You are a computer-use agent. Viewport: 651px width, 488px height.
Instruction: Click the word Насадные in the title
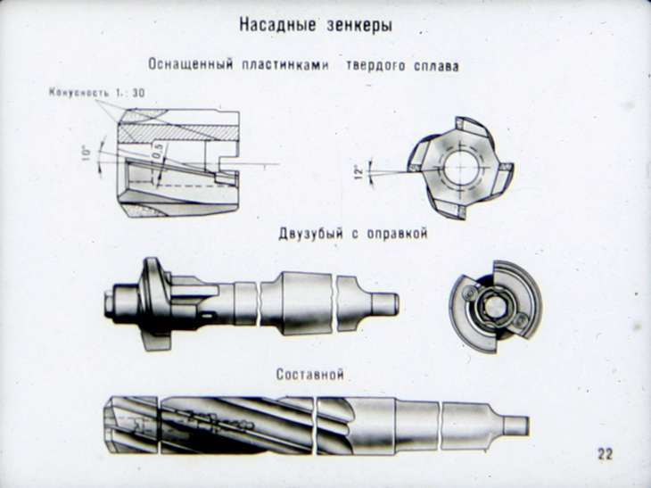point(277,25)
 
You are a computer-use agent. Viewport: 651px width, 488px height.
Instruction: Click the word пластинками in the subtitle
point(285,66)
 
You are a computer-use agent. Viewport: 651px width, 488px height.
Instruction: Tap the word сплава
point(436,66)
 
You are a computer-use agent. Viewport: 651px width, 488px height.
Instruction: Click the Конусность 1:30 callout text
point(97,93)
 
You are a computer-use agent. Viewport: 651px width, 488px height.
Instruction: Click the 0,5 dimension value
point(158,151)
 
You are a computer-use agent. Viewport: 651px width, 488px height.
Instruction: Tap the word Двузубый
point(310,234)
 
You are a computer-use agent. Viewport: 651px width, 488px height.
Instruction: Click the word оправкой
point(397,234)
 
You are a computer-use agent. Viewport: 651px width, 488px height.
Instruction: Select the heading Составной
point(310,375)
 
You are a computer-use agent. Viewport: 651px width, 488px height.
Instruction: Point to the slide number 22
point(605,453)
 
